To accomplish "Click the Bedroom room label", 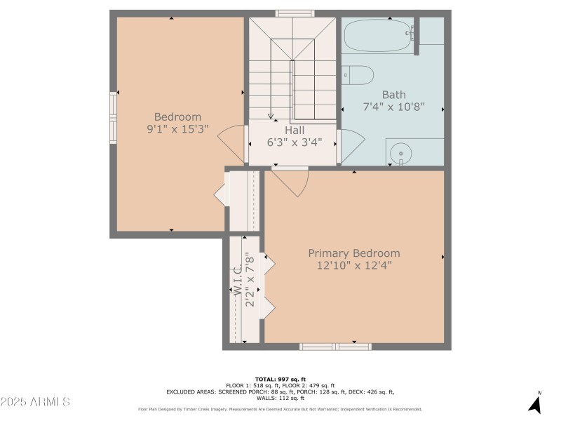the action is pyautogui.click(x=177, y=116).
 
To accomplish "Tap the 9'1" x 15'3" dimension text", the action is pyautogui.click(x=177, y=129).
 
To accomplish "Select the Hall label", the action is pyautogui.click(x=295, y=130).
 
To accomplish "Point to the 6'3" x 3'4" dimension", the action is pyautogui.click(x=295, y=142).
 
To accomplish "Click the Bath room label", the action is pyautogui.click(x=394, y=95).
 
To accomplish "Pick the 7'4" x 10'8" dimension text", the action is pyautogui.click(x=394, y=107).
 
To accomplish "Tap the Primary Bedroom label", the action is pyautogui.click(x=354, y=253).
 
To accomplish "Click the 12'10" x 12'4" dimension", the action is pyautogui.click(x=354, y=265).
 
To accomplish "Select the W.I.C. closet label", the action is pyautogui.click(x=238, y=280).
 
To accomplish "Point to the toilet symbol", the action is pyautogui.click(x=358, y=75).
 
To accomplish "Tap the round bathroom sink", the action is pyautogui.click(x=400, y=154).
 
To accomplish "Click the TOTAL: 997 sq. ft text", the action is pyautogui.click(x=280, y=380).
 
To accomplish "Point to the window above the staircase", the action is pyautogui.click(x=295, y=13).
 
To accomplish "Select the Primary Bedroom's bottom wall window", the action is pyautogui.click(x=335, y=347).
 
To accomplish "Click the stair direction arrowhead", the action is pyautogui.click(x=271, y=116).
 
